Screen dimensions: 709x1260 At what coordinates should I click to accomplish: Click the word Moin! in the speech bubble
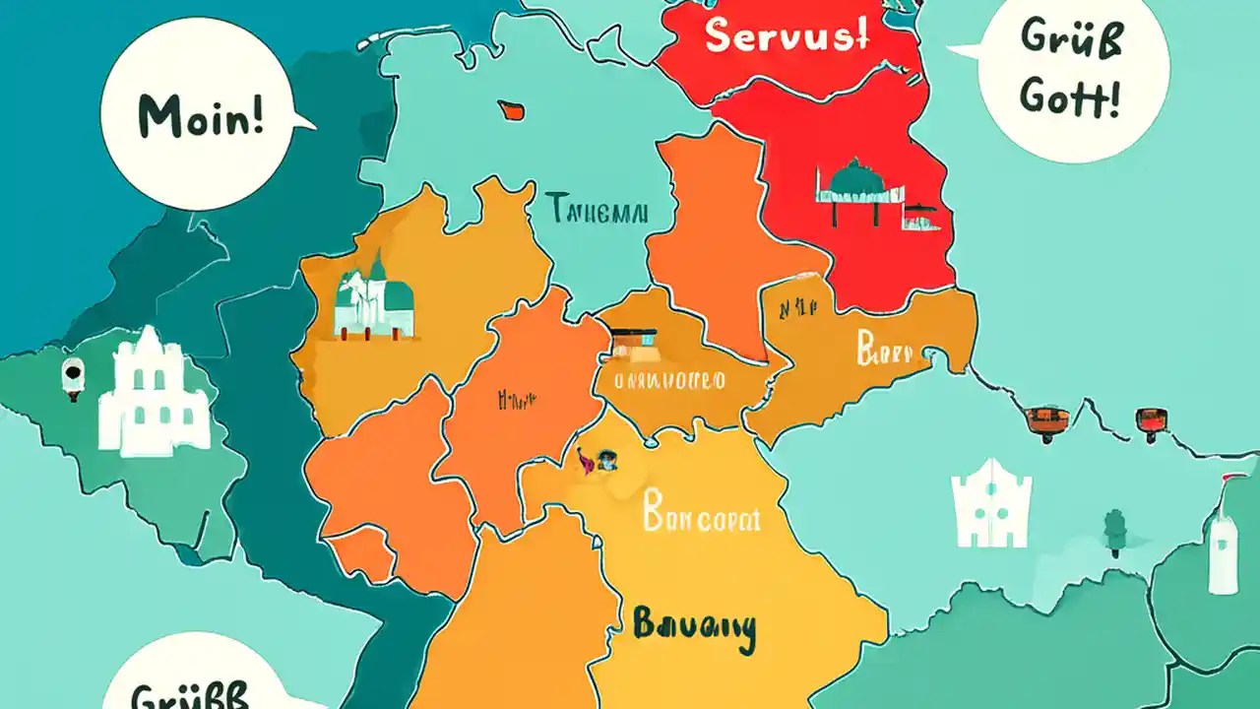200,117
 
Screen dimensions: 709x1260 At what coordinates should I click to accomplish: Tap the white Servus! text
787,36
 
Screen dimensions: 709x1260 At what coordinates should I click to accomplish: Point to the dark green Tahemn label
596,210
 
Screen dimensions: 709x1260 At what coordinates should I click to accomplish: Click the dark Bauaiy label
693,627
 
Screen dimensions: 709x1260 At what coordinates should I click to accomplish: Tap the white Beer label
884,350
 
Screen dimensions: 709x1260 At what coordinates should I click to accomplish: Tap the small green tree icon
1114,532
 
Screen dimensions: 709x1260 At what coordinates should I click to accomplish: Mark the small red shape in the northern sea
510,108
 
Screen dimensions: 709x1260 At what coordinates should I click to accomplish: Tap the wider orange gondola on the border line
1046,419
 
